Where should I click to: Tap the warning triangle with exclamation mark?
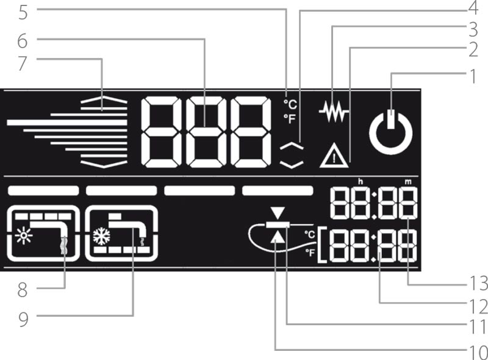point(334,156)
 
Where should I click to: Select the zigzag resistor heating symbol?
point(334,112)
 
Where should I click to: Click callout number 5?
point(23,12)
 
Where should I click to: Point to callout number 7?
point(23,63)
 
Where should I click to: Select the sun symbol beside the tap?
point(24,236)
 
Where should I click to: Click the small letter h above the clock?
point(361,182)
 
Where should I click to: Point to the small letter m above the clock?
point(408,182)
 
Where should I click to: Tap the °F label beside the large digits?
point(290,118)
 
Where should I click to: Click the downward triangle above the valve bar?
point(278,214)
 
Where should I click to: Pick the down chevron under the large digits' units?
point(292,164)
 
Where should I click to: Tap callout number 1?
point(473,77)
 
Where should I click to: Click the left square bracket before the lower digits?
point(322,246)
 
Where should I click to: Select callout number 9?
point(23,320)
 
